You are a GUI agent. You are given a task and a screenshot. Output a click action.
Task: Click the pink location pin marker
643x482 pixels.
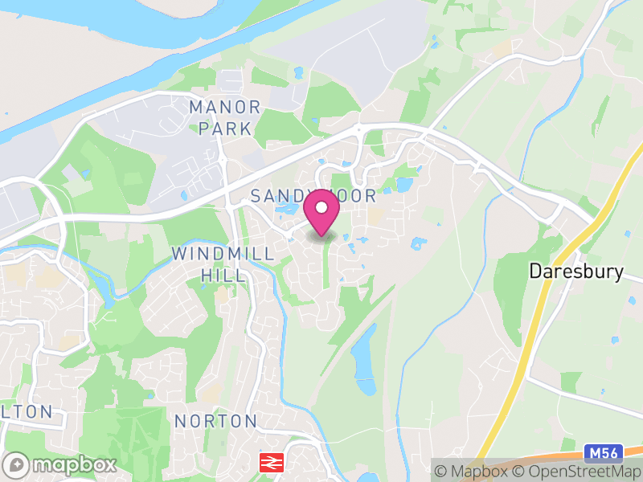321,213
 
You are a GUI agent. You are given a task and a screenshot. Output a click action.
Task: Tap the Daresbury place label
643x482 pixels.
575,272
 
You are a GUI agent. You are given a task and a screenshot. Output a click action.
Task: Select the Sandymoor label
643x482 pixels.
313,195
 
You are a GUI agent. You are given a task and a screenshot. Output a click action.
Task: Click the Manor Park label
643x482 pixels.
225,117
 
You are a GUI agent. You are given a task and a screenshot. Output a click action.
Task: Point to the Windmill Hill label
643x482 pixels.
223,264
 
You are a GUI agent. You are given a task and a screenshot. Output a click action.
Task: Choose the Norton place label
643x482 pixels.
215,421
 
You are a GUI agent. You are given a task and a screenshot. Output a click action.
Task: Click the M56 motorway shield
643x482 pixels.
601,453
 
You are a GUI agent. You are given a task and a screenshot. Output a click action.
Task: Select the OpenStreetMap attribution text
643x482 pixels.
580,472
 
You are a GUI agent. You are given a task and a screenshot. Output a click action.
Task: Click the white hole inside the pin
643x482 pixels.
321,207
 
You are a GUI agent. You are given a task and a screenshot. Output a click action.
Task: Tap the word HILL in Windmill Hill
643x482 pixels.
223,276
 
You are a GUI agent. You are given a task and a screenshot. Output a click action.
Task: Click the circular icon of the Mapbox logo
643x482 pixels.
15,464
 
